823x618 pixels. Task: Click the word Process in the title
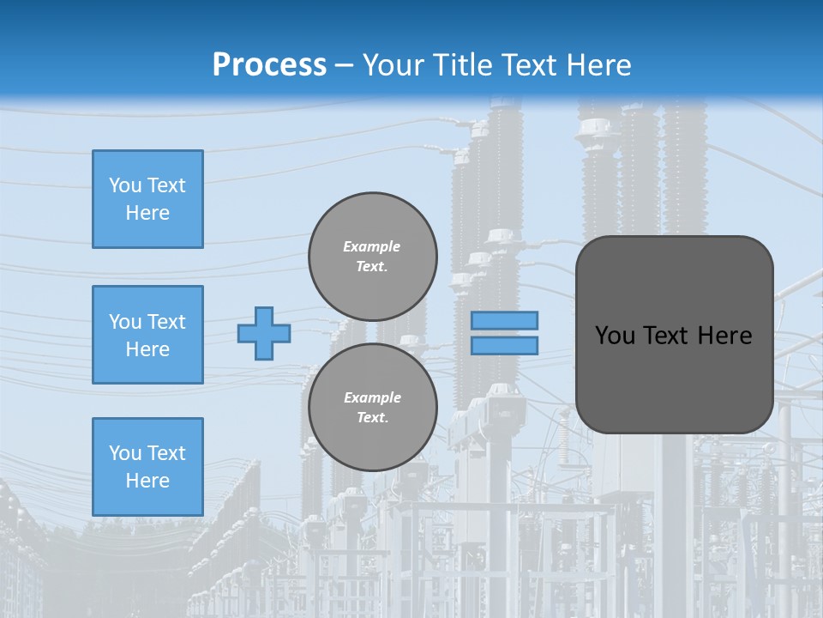(x=269, y=65)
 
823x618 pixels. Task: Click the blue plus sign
(x=264, y=333)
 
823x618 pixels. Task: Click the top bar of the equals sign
(x=504, y=321)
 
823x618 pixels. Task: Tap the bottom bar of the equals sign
(x=504, y=345)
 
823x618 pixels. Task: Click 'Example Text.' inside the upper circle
(x=372, y=257)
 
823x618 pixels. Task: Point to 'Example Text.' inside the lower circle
(x=372, y=408)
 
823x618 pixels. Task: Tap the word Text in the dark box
(x=673, y=336)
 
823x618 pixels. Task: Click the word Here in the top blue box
(x=147, y=213)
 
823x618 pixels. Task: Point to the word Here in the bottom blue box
(x=147, y=481)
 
